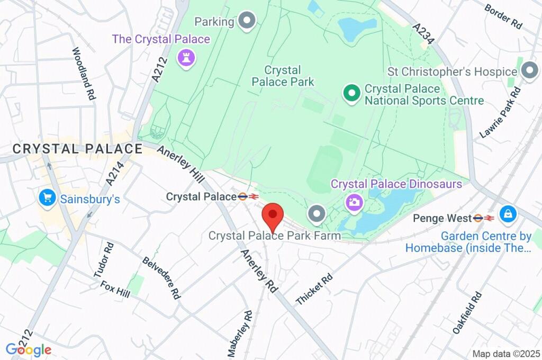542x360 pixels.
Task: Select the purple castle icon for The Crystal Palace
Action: pos(186,58)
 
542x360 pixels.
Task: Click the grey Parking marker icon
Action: pos(247,21)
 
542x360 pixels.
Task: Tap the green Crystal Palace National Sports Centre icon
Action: pos(350,94)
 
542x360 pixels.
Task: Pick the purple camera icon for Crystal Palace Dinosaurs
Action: pos(354,201)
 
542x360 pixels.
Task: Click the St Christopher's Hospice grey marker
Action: pos(529,71)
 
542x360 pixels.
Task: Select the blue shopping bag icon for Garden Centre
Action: pos(508,214)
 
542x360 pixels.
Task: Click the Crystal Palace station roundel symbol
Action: pos(243,196)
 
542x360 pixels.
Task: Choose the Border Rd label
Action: pos(503,15)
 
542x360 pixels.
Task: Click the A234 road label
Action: pos(424,34)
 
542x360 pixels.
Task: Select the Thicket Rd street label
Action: pos(314,289)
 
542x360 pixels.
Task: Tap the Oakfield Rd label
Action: pos(468,312)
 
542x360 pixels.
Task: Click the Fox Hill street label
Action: pos(115,289)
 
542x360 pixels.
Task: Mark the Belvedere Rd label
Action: pos(161,278)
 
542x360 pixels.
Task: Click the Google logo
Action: pos(29,349)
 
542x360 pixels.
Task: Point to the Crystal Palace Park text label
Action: pos(283,76)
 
